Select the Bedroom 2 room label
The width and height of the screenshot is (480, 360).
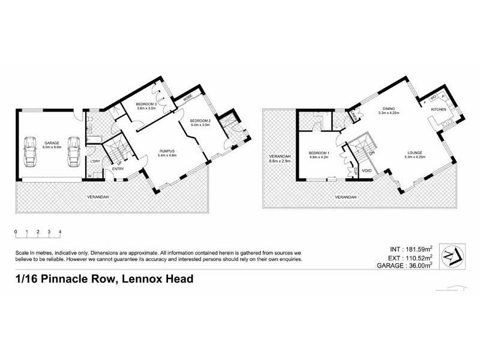(x=200, y=121)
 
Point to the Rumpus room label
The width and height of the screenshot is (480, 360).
(x=167, y=151)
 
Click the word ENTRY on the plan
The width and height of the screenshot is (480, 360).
(x=118, y=169)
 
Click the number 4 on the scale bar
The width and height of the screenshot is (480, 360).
(x=60, y=231)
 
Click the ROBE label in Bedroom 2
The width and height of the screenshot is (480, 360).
(x=188, y=97)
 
